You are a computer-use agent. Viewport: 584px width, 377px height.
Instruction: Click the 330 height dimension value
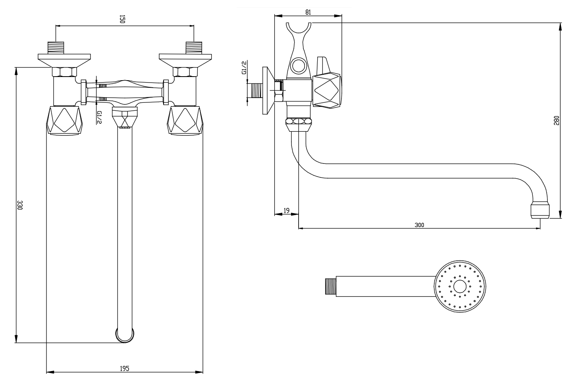coord(19,205)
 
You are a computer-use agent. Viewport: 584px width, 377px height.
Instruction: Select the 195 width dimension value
coord(124,369)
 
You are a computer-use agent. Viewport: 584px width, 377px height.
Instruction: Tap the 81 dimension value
coord(308,12)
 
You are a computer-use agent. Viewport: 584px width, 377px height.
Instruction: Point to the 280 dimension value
coord(556,120)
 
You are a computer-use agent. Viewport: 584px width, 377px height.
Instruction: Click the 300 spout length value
coord(419,225)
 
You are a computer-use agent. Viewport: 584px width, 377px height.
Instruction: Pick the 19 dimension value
coord(286,211)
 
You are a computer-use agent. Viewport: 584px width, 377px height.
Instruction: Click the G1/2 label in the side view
coord(245,68)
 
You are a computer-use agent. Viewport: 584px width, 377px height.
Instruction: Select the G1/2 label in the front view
coord(100,117)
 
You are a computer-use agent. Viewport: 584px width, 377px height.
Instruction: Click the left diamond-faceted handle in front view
coord(65,121)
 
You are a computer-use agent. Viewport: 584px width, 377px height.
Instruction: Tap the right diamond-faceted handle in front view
coord(186,121)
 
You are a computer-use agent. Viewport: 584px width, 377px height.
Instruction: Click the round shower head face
coord(460,286)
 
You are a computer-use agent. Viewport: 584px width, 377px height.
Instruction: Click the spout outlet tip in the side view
coord(540,210)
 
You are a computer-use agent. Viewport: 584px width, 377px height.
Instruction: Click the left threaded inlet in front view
coord(56,47)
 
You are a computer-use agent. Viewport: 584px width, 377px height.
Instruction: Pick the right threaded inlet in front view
coord(194,47)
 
